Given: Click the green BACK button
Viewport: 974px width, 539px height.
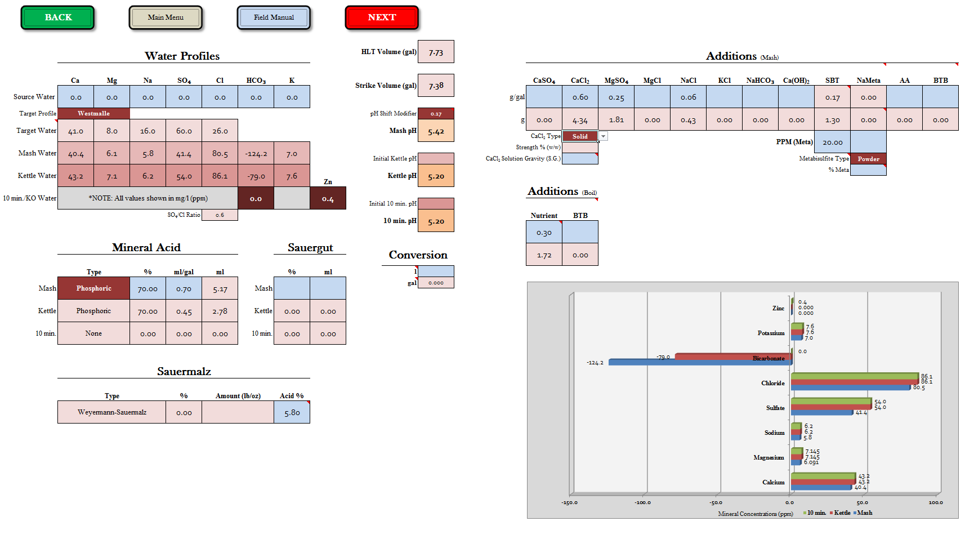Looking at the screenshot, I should point(58,17).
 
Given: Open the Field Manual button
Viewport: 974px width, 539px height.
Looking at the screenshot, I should point(274,17).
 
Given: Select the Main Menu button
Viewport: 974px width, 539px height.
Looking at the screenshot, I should point(166,17).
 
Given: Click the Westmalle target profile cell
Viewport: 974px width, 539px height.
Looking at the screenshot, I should point(93,113).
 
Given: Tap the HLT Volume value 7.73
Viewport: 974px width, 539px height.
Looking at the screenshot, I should point(436,52).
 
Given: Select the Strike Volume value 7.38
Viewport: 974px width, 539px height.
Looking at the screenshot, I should point(436,86).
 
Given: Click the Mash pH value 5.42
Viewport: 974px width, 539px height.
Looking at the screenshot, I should point(436,131).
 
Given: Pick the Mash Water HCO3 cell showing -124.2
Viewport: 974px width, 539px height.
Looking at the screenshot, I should point(256,153).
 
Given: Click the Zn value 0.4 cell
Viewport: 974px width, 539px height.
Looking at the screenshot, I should point(328,198).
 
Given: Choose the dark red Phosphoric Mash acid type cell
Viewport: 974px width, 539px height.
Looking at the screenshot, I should point(93,288).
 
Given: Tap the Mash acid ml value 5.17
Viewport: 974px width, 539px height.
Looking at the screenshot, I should point(220,288).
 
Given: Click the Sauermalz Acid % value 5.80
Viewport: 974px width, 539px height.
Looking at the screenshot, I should point(292,412).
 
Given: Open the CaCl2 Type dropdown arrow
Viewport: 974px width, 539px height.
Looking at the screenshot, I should point(603,136).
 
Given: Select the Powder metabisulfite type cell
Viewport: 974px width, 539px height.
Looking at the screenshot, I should point(868,159).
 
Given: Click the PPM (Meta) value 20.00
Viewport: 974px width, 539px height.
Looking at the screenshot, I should point(832,142).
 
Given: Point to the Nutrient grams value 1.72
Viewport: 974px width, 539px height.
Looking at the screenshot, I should point(544,255).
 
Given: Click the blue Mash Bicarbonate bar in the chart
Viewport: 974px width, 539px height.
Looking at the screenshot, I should point(698,362).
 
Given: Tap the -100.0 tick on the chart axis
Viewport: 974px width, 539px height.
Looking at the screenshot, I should point(642,502).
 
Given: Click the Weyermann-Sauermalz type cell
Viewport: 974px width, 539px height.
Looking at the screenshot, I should point(111,412).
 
